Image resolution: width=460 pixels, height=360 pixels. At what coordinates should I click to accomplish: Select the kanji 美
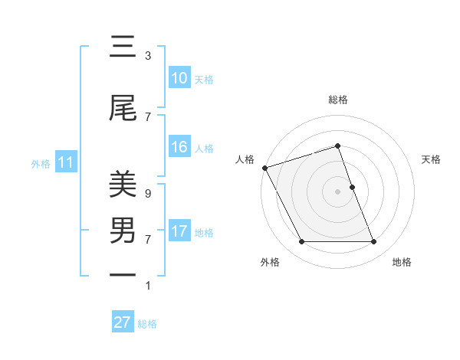coord(123,184)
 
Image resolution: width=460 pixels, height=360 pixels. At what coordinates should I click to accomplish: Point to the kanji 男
coord(123,230)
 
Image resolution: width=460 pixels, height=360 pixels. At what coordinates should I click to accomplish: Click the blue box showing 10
coord(179,78)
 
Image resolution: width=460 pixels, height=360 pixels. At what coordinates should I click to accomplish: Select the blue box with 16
coord(179,147)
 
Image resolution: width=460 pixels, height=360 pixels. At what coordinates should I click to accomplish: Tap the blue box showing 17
coord(179,231)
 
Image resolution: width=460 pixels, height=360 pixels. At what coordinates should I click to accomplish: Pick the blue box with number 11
coord(65,162)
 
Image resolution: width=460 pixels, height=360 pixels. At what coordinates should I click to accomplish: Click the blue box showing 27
coord(123,322)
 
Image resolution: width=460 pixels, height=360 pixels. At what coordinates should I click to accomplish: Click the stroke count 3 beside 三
coord(148,56)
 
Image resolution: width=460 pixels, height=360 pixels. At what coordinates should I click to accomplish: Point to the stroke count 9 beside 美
coord(148,194)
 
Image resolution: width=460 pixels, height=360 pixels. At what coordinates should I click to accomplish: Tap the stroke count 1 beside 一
coord(148,286)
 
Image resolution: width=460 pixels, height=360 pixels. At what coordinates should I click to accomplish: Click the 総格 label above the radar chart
coord(337,100)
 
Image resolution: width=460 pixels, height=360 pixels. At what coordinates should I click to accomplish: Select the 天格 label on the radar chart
coord(431,159)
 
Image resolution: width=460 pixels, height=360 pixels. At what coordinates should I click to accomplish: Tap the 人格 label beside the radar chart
coord(245,159)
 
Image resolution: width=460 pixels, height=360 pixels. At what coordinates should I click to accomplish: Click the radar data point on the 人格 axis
coord(264,168)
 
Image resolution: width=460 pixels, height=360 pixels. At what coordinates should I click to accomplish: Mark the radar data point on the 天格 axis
coord(352,187)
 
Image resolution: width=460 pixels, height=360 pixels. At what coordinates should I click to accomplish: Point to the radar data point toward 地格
coord(373,242)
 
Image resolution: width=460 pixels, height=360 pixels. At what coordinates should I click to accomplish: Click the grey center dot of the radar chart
coord(337,191)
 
